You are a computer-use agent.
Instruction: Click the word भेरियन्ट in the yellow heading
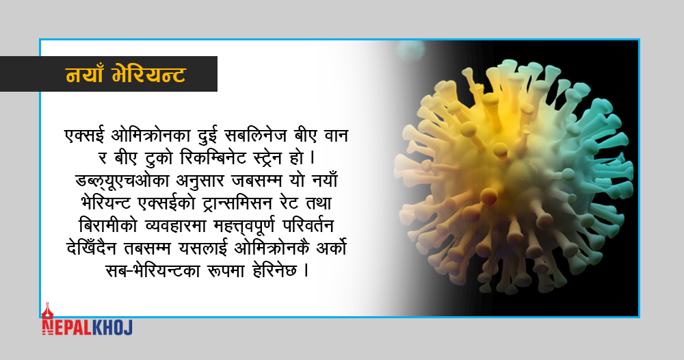click(x=148, y=75)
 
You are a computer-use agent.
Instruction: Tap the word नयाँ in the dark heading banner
click(x=84, y=75)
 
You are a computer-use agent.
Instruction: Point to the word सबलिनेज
click(x=256, y=136)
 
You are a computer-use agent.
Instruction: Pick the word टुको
click(x=159, y=158)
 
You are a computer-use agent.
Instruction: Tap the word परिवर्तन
click(x=308, y=226)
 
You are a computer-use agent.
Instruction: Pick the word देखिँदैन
click(x=92, y=248)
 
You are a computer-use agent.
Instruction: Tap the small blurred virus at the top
click(x=410, y=49)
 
